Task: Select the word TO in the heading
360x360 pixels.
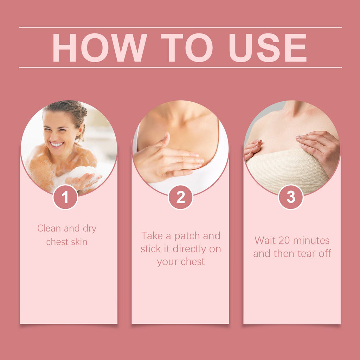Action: click(x=187, y=48)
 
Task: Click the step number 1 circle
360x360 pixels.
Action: click(x=65, y=197)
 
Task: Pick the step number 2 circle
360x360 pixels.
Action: click(x=180, y=197)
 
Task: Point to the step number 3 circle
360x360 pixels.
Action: click(x=291, y=197)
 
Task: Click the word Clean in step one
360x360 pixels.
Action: click(x=49, y=229)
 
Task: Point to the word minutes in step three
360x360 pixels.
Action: click(x=311, y=240)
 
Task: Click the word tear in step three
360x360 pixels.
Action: click(x=302, y=253)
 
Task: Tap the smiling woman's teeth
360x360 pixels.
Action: click(x=57, y=144)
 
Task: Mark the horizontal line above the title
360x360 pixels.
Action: click(x=180, y=27)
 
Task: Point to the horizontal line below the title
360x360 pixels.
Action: click(x=180, y=67)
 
